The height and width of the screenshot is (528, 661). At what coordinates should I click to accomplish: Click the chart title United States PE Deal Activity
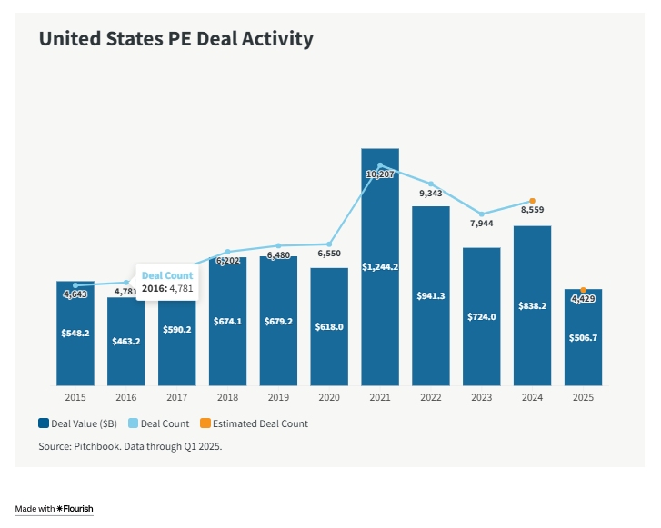coord(175,39)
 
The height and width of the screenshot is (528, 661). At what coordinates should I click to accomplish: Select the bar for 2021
coord(380,273)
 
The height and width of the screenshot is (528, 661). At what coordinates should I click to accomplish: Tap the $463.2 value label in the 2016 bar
coord(126,342)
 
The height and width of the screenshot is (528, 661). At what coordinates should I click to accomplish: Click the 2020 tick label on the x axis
coord(329,397)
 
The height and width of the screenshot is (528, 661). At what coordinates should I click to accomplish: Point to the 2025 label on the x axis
coord(583,397)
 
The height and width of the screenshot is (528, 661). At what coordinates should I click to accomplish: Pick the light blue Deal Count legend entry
coord(161,423)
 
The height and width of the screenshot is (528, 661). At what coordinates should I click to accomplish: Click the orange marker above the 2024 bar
coord(532,201)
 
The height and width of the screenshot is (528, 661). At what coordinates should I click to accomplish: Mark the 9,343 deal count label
coord(431,194)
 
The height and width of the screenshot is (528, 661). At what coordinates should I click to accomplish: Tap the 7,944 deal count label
coord(482,224)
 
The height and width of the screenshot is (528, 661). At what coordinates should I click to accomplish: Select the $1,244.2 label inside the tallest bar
coord(380,267)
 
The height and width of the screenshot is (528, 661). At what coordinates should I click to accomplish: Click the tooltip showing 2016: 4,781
coord(167,282)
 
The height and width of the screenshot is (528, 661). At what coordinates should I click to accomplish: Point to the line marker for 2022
coord(431,184)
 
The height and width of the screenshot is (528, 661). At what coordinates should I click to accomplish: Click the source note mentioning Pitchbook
coord(130,447)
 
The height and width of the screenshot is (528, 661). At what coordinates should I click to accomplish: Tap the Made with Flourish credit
coord(55,509)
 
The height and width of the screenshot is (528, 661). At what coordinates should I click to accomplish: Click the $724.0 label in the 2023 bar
coord(482,316)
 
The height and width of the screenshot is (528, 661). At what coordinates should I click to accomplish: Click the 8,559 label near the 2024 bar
coord(532,210)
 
